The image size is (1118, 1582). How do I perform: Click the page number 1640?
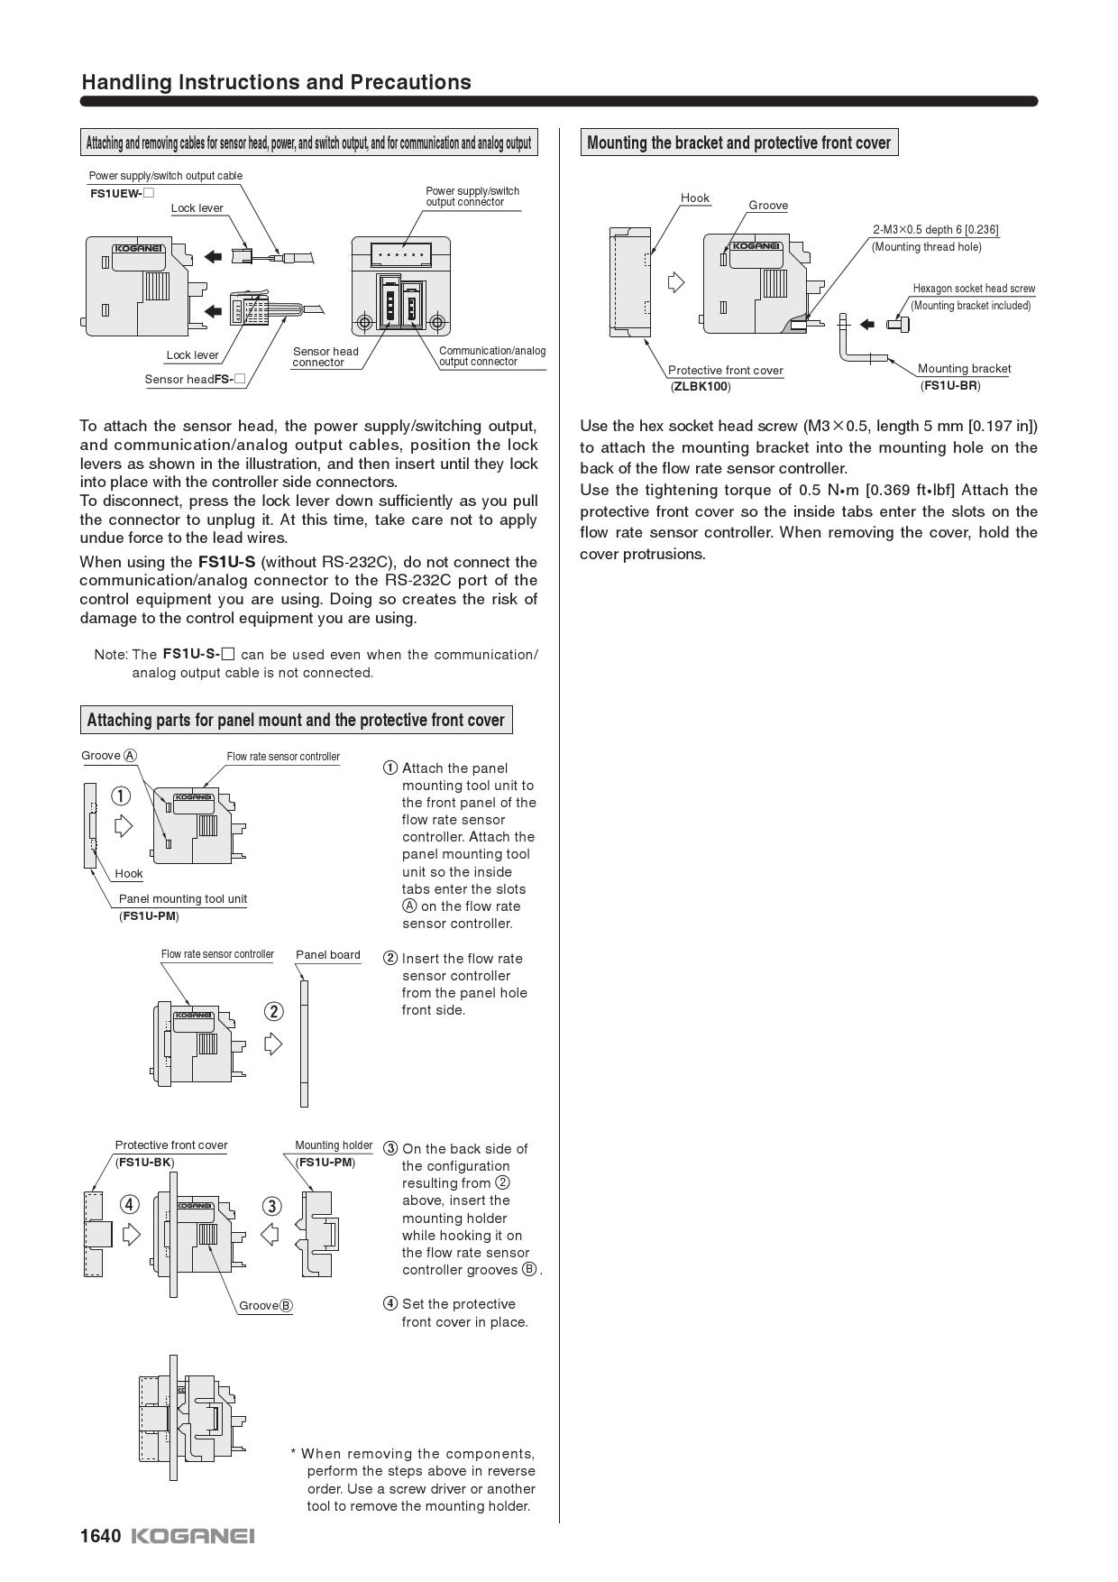click(x=100, y=1536)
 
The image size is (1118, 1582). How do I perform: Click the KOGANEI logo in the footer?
click(x=193, y=1536)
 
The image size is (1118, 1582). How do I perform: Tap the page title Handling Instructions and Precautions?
click(x=276, y=82)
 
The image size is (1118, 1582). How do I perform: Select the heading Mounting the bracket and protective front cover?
click(x=738, y=143)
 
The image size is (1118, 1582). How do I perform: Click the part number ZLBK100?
click(x=701, y=387)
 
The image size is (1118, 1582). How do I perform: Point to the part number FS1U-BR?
click(x=949, y=386)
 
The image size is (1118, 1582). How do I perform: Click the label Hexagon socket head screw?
click(x=974, y=289)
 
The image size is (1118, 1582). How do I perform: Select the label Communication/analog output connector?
click(x=491, y=356)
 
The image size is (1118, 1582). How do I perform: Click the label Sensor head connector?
click(x=325, y=356)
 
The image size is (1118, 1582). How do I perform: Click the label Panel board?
click(x=327, y=954)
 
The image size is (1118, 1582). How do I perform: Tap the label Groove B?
click(x=265, y=1305)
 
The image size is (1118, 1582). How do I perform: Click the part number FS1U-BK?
click(x=144, y=1162)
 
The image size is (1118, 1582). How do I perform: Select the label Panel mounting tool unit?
click(x=182, y=899)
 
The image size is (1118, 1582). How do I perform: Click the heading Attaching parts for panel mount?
click(x=296, y=720)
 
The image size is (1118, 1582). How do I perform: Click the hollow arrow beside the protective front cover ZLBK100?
click(x=676, y=282)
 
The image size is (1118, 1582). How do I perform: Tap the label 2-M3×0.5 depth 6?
click(x=935, y=230)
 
